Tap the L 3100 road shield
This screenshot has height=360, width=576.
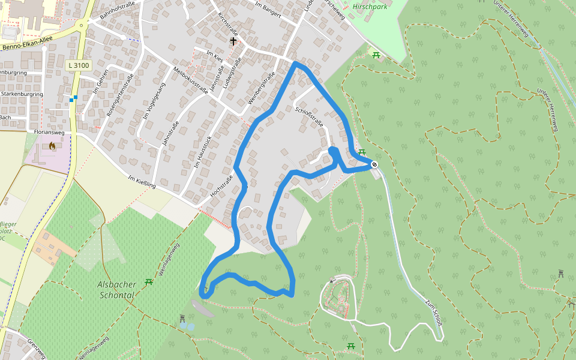click(79, 65)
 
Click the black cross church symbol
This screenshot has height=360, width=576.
click(233, 41)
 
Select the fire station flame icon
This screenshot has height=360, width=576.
click(52, 145)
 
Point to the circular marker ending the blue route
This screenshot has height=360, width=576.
click(374, 164)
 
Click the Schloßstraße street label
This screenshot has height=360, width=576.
click(310, 116)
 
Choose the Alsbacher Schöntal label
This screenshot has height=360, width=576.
click(116, 290)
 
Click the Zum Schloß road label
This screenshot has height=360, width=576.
click(433, 312)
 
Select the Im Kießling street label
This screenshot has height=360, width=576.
click(142, 182)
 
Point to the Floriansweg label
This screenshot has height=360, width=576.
click(49, 131)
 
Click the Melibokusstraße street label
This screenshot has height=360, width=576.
click(190, 82)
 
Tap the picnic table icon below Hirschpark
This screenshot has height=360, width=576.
click(376, 55)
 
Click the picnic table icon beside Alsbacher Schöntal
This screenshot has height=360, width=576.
click(149, 281)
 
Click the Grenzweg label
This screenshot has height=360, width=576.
click(36, 348)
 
